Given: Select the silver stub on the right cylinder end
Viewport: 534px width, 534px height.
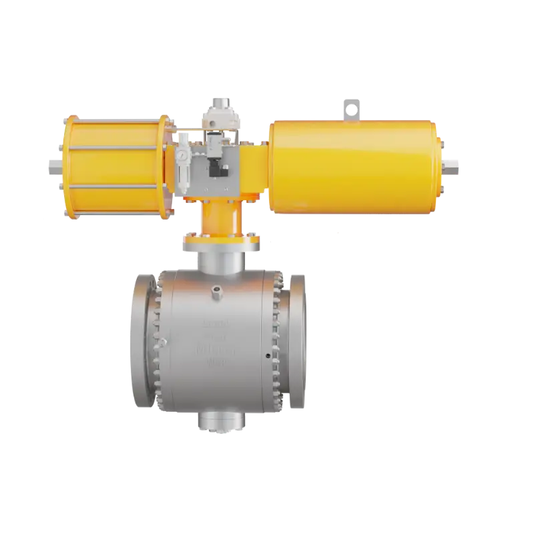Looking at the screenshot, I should coord(452,162).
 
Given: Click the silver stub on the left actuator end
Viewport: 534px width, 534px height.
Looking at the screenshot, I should coord(54,164).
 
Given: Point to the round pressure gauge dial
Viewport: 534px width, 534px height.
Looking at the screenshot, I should coord(182,153).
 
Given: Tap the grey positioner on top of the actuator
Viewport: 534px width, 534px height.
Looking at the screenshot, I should coord(218,113).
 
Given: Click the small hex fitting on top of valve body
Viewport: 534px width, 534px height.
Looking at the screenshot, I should coord(218,290).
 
